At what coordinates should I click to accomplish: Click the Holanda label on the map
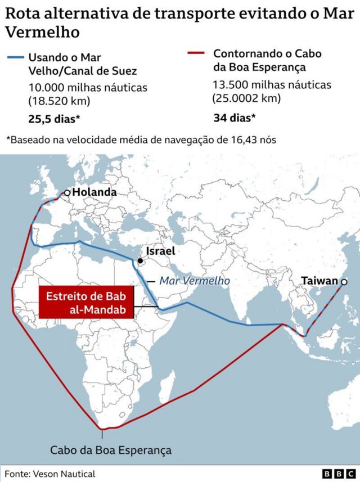click(94, 192)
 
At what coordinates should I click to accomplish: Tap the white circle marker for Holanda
click(67, 193)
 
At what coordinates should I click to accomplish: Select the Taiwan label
click(319, 281)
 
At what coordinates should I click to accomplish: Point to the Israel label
click(160, 251)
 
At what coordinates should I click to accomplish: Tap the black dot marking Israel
click(139, 261)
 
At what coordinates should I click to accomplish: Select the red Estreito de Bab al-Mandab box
click(87, 302)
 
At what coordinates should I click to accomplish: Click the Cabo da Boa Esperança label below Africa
click(110, 450)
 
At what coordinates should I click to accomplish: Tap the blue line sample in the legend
click(16, 57)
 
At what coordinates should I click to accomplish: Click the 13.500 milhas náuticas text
click(272, 85)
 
